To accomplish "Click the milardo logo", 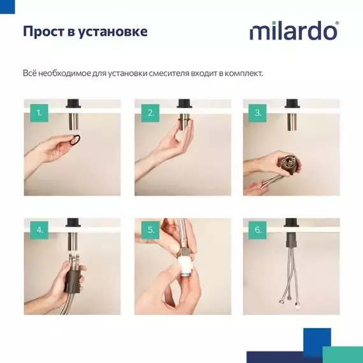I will pos(293,31).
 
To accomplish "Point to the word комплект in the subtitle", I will pos(243,73).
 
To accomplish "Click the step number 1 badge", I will pos(39,113).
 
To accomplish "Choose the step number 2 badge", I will pos(151,113).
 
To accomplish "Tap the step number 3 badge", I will pos(258,113).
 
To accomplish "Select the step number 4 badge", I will pos(39,231).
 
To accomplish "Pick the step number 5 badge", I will pos(151,231).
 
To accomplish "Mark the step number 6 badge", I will pos(258,231).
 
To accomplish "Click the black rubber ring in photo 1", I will pos(75,138).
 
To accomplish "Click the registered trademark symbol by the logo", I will pos(337,24).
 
